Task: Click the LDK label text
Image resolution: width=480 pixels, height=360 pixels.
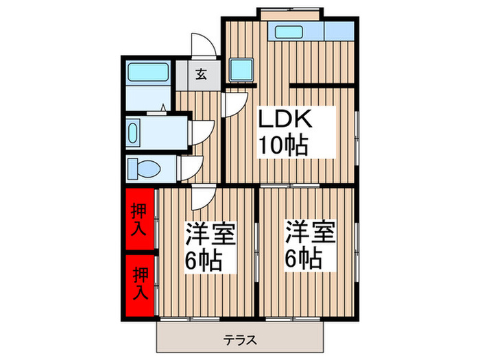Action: pyautogui.click(x=285, y=120)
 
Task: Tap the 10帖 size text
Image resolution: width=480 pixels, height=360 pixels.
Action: pyautogui.click(x=282, y=145)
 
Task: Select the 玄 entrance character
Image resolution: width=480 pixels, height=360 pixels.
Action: pyautogui.click(x=202, y=75)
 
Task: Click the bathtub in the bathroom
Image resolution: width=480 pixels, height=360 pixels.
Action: pyautogui.click(x=149, y=71)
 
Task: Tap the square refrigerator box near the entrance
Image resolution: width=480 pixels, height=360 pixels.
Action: pyautogui.click(x=241, y=69)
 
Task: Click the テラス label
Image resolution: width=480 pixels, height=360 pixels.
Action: pyautogui.click(x=239, y=339)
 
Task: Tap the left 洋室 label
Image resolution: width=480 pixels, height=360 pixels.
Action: pyautogui.click(x=209, y=235)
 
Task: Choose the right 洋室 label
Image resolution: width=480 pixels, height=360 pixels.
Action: pyautogui.click(x=310, y=235)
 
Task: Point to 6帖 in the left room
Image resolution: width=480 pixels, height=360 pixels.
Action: pyautogui.click(x=202, y=261)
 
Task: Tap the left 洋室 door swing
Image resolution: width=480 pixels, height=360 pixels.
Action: pyautogui.click(x=203, y=198)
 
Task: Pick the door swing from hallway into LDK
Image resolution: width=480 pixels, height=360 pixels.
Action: pyautogui.click(x=235, y=103)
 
